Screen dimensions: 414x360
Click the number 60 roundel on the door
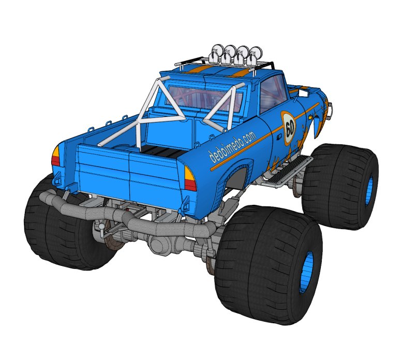[x=289, y=128]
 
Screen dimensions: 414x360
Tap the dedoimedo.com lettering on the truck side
[x=232, y=147]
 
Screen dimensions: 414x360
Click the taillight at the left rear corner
[x=56, y=156]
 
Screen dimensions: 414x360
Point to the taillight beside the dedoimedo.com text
[x=190, y=178]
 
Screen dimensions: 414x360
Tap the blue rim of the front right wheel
[x=369, y=190]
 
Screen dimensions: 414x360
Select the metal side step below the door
[x=287, y=171]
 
